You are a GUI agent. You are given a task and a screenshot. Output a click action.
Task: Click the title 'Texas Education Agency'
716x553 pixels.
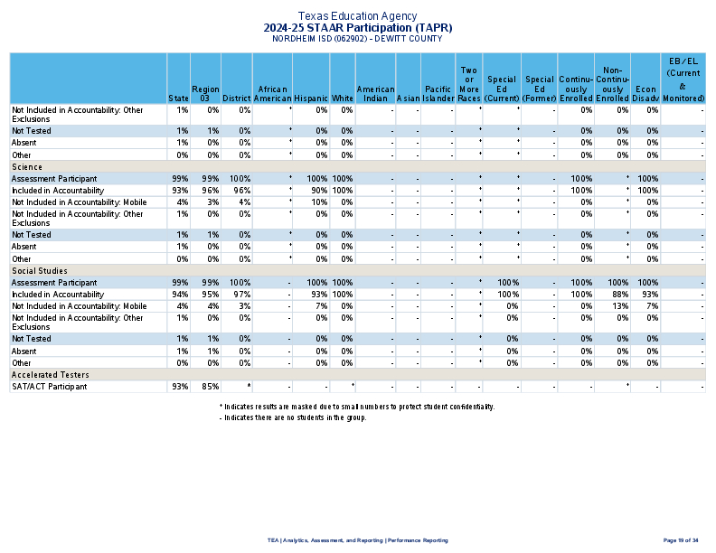click(x=357, y=16)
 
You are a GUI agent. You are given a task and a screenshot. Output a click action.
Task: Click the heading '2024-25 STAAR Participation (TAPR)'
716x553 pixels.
click(x=357, y=28)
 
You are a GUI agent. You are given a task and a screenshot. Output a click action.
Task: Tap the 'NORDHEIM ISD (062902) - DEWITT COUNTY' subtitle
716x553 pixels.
click(x=357, y=39)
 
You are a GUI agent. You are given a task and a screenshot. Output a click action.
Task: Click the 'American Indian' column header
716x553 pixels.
click(x=375, y=93)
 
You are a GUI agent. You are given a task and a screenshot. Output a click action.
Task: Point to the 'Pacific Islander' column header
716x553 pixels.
click(x=438, y=93)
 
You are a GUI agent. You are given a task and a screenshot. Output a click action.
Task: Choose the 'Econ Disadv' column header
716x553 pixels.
click(x=645, y=93)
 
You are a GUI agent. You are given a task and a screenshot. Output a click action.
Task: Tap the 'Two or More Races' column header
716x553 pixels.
click(x=468, y=84)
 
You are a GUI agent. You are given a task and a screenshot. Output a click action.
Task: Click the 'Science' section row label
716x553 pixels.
click(x=26, y=166)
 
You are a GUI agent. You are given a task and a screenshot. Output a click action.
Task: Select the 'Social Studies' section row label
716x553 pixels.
click(x=39, y=270)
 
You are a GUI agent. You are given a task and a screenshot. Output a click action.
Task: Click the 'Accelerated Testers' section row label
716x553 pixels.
click(x=47, y=374)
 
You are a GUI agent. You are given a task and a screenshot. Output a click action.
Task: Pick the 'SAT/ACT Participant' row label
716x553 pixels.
click(x=49, y=387)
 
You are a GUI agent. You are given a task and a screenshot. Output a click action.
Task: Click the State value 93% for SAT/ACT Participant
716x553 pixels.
click(x=180, y=387)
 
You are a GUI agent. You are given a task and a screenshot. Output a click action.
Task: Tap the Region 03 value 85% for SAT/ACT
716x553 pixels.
click(x=211, y=387)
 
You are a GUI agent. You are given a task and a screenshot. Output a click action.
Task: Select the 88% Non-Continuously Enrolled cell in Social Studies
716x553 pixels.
click(x=619, y=295)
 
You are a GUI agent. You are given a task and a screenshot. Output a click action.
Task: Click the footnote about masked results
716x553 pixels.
click(x=356, y=407)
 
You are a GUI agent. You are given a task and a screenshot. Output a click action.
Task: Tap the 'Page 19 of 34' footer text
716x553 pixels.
click(x=681, y=540)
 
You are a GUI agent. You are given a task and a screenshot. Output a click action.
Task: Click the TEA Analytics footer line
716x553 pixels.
click(x=357, y=540)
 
